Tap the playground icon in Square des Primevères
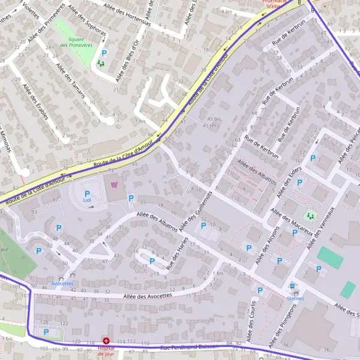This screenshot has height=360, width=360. pos(101,61)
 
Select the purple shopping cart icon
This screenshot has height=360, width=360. pos(114,185)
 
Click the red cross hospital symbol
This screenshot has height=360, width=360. pos(106,340)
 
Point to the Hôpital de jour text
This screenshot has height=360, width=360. pos(106,350)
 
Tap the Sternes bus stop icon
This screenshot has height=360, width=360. pos(292,287)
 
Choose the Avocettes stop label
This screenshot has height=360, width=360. pos(62,283)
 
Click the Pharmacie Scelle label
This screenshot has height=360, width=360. pos(276,5)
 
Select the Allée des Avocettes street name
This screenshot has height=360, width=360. pos(148,296)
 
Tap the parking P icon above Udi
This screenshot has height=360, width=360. pos(87,193)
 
